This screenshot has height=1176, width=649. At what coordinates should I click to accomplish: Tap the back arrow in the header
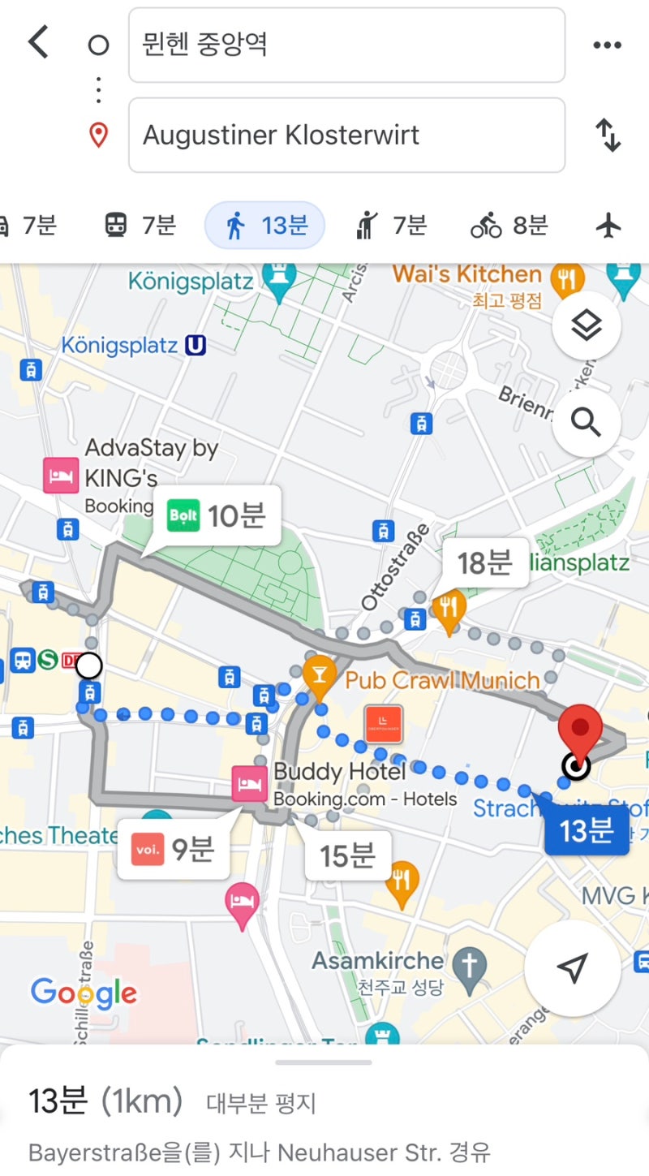click(x=37, y=42)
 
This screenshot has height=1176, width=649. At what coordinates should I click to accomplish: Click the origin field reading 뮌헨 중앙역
click(x=346, y=45)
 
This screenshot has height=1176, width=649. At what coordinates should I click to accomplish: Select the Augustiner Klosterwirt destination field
click(x=346, y=135)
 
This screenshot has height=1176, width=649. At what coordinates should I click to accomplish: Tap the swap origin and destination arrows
click(x=608, y=135)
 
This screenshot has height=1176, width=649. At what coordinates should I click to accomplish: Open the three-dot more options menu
click(x=607, y=45)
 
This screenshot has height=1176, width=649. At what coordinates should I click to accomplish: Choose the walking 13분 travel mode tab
click(x=265, y=225)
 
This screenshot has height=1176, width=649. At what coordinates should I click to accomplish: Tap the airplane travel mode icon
click(x=608, y=225)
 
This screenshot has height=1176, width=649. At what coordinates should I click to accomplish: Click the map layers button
click(x=586, y=326)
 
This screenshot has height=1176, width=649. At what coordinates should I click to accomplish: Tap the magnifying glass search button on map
click(x=586, y=422)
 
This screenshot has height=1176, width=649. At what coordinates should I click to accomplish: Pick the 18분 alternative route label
click(x=484, y=562)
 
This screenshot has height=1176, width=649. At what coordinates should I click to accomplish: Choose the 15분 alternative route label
click(x=347, y=854)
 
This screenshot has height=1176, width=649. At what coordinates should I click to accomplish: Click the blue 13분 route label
click(x=585, y=829)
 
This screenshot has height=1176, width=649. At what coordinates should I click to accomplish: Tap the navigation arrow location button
click(x=572, y=968)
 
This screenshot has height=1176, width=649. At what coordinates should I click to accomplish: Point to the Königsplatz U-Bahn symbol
click(x=195, y=346)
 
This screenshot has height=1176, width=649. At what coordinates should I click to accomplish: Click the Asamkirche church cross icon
click(x=470, y=965)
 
